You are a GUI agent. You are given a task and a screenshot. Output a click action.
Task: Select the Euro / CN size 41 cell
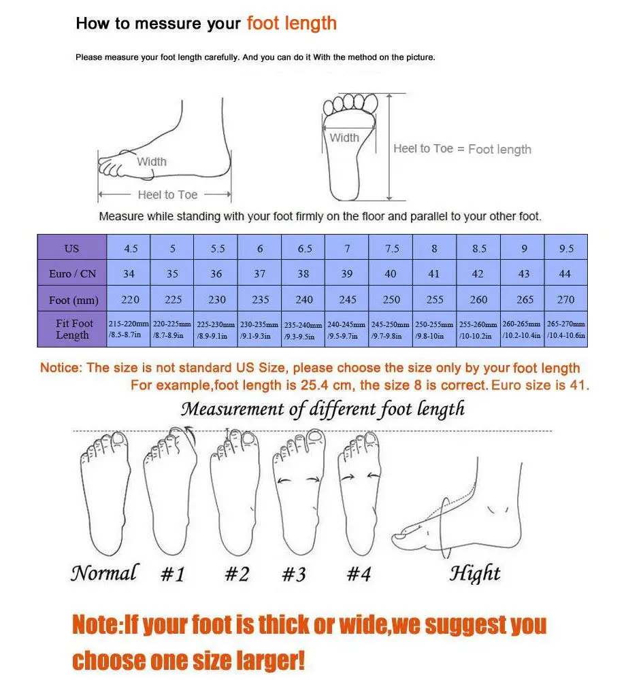point(434,273)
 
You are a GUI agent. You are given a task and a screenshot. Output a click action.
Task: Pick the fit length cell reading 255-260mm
point(478,329)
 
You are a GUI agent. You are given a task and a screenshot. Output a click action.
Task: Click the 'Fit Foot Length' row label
point(72,329)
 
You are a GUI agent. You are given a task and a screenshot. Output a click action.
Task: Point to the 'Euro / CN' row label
point(72,273)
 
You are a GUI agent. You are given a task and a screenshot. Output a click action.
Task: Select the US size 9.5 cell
point(566,248)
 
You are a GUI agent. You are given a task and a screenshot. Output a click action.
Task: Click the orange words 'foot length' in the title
point(291,23)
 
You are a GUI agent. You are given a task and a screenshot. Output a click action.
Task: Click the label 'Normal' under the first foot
point(105,573)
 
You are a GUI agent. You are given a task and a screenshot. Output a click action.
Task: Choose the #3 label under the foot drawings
point(294,574)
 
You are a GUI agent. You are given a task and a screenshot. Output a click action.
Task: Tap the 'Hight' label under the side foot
point(474,574)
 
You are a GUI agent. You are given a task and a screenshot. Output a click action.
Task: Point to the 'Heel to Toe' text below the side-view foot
point(167,194)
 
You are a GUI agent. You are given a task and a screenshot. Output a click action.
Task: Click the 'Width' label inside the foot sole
point(344,137)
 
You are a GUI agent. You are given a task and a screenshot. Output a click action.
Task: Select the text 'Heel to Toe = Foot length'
point(462,149)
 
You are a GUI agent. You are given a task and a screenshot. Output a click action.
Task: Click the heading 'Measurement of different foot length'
point(323,409)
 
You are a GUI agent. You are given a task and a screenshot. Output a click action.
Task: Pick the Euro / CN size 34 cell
point(129,273)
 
